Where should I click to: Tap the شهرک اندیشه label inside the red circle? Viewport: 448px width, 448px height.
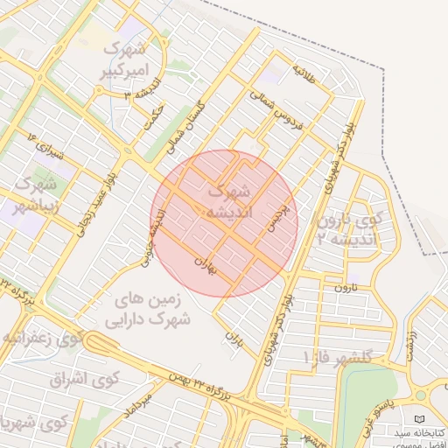[x=230, y=201]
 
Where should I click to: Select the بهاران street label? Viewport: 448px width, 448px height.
[x=204, y=262]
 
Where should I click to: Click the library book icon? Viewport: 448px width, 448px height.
[x=421, y=419]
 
